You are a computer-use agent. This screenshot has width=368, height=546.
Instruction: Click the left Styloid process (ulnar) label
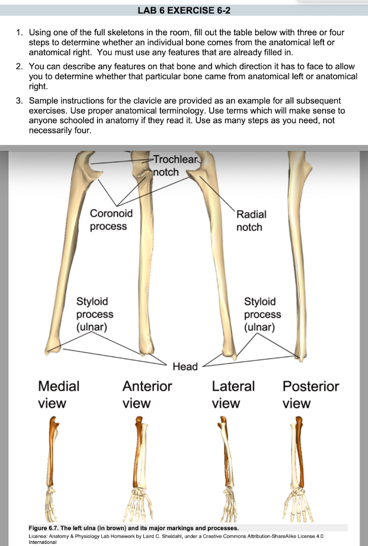tap(95, 314)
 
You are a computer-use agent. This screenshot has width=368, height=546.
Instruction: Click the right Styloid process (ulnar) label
tap(263, 314)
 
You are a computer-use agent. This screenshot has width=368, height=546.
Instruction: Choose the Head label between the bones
tap(185, 366)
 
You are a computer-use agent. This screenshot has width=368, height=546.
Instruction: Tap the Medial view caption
tap(58, 394)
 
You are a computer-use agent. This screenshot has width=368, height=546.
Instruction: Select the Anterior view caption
tap(147, 394)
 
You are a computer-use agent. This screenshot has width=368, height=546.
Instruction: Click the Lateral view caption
tap(233, 394)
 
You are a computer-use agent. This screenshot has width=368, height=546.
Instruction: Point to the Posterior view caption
tap(310, 394)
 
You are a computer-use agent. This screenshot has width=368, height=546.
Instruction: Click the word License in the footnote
tap(38, 535)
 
